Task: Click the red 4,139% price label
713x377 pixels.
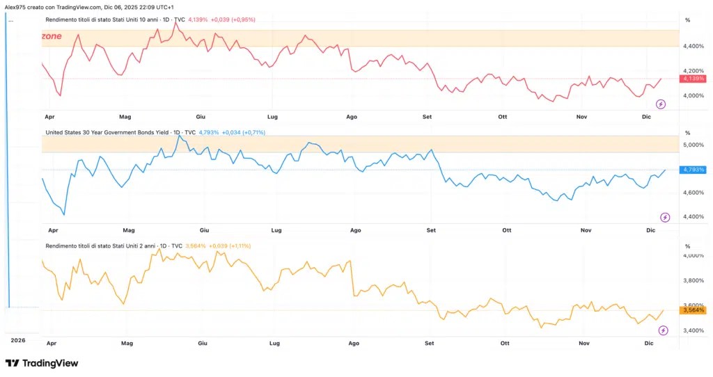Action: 693,79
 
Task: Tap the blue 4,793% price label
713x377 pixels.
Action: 693,170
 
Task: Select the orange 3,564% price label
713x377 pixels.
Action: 693,310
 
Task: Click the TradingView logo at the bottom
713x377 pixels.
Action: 42,363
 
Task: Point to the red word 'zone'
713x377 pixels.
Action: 52,36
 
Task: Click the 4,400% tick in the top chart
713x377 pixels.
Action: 694,47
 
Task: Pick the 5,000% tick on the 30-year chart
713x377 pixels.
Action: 694,145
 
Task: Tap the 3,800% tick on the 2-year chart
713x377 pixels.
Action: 694,281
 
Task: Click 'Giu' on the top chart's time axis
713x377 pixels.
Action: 201,117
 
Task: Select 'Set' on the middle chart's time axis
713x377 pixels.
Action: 431,230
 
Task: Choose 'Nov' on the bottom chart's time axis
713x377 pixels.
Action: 584,344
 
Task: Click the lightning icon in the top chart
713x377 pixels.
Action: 661,104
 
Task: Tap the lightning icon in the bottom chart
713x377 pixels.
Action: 664,330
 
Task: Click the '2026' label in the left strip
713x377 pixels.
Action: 18,340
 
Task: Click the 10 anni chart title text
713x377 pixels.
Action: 102,20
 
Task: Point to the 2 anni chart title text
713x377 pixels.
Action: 100,246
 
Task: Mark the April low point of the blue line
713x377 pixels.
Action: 64,215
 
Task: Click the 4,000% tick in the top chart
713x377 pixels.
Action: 694,96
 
